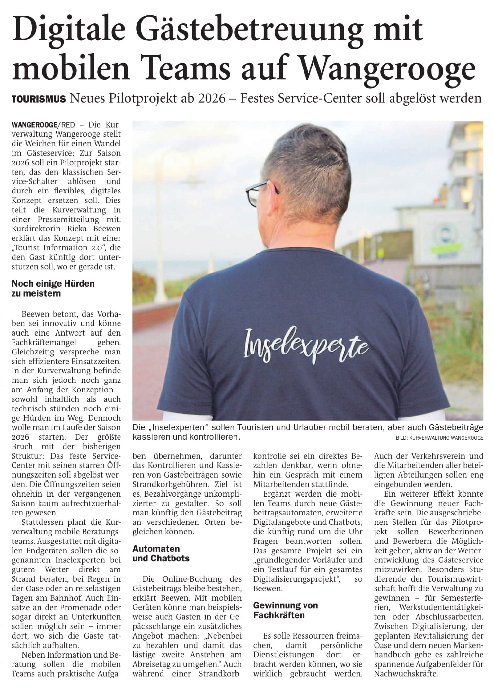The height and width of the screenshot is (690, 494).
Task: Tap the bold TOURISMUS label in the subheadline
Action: (39, 99)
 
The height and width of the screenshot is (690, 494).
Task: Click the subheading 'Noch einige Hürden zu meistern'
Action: (53, 288)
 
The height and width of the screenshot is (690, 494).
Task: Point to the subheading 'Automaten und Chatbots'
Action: (161, 553)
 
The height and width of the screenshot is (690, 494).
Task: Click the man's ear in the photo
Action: (276, 192)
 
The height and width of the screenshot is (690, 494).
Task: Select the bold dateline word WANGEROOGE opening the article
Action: (34, 124)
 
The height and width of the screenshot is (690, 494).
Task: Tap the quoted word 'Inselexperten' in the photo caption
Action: (173, 428)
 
